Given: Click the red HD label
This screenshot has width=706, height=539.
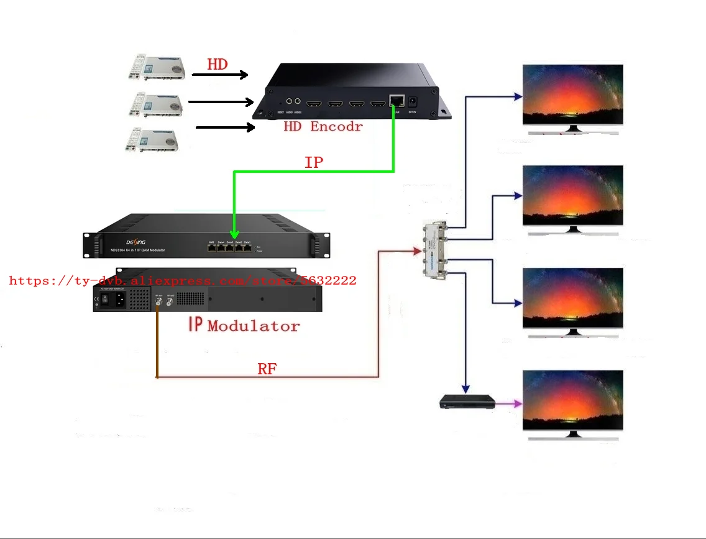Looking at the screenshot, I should (217, 64).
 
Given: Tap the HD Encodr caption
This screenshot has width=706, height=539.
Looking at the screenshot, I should (323, 127).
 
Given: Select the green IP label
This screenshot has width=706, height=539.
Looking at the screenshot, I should (314, 163).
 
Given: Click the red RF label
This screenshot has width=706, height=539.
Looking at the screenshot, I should (267, 369).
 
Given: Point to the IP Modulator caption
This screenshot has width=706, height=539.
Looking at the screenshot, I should (244, 325).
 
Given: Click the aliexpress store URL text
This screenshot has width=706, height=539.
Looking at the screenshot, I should (183, 280).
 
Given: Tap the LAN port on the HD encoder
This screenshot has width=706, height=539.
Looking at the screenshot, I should (395, 100).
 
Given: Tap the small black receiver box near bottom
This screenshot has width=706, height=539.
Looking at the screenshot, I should (467, 403).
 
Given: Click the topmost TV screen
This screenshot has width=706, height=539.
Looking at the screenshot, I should (572, 94).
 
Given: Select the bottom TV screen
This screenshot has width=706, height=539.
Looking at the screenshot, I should (572, 400).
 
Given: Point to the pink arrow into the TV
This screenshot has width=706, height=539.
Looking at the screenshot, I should (508, 403).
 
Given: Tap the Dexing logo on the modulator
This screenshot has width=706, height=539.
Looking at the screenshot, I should (136, 242).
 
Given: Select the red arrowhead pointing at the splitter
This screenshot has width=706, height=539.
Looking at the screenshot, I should (417, 251).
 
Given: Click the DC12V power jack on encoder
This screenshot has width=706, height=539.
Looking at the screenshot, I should (411, 101).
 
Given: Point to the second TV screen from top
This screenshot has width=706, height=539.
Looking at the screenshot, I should (572, 195).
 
